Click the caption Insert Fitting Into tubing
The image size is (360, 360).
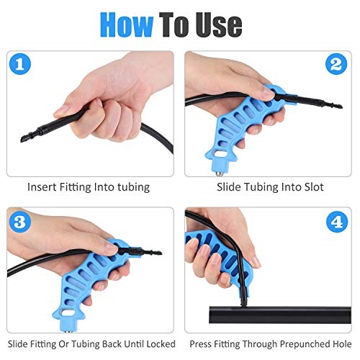89,186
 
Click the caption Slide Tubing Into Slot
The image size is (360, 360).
271,186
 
